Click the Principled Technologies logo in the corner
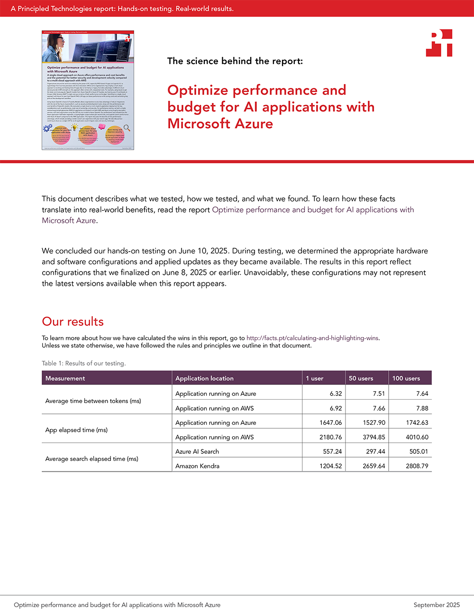click(439, 43)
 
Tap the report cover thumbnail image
click(88, 90)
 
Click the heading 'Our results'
click(73, 321)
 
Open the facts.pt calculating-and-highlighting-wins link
click(312, 338)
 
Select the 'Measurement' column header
click(65, 378)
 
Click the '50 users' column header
click(361, 378)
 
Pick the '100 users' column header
click(406, 378)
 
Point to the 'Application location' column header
click(204, 378)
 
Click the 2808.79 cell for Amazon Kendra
click(417, 466)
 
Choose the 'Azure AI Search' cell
click(197, 451)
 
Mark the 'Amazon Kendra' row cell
click(197, 466)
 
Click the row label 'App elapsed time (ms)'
click(76, 430)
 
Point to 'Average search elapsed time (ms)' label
click(91, 459)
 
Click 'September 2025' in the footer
click(437, 605)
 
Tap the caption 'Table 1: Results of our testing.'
click(83, 363)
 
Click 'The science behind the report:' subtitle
click(235, 61)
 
